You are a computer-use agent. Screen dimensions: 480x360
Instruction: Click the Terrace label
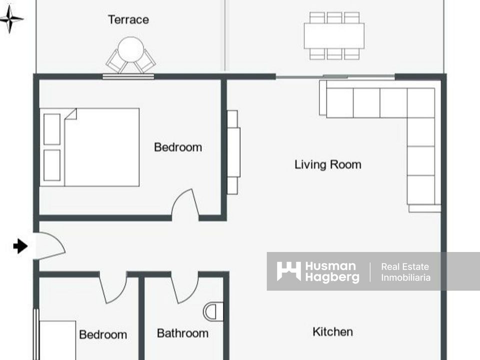[128, 19]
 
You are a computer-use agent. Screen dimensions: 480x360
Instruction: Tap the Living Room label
[328, 164]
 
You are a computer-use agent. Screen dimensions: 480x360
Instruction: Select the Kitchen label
[333, 332]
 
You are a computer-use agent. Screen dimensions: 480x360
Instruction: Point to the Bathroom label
[183, 333]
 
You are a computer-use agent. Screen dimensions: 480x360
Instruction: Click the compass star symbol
[10, 18]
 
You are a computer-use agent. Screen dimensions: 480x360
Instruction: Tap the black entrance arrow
[20, 246]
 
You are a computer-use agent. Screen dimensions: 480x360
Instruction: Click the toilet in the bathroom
[213, 311]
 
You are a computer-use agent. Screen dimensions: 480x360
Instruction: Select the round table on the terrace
[130, 49]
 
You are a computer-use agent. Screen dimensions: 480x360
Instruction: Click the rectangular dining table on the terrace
[334, 36]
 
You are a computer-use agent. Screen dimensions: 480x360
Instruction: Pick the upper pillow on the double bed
[52, 129]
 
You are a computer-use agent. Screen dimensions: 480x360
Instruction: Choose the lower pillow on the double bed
[52, 165]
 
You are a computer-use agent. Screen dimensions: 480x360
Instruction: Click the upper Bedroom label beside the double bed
[178, 147]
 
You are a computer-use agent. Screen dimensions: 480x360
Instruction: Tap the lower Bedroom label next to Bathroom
[103, 334]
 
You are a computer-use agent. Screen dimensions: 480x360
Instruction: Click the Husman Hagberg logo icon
[288, 271]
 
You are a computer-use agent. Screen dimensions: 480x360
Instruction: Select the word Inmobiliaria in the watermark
[405, 277]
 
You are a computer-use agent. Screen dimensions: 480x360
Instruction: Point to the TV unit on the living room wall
[233, 152]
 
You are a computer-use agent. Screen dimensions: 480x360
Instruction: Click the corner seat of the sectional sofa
[421, 103]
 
